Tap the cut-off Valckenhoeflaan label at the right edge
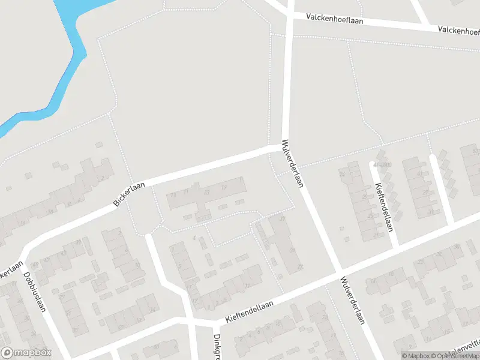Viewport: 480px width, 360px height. point(458,29)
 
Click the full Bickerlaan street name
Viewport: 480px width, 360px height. point(130,192)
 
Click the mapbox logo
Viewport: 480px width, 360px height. point(26,353)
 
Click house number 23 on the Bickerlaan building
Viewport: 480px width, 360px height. point(206,192)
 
